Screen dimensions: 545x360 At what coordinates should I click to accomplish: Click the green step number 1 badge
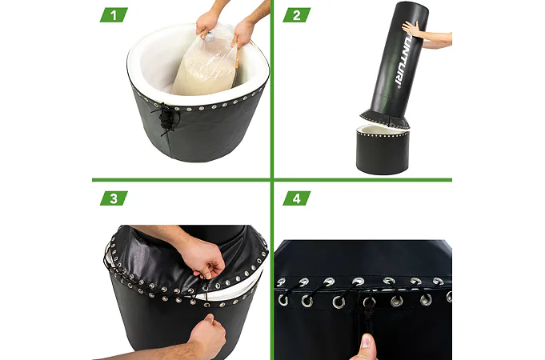click(114, 15)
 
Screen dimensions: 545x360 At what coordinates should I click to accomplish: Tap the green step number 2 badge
click(296, 15)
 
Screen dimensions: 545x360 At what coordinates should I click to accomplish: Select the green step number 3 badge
click(114, 198)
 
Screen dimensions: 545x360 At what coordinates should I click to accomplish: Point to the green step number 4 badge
click(296, 198)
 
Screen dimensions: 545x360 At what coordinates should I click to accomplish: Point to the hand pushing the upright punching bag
click(413, 30)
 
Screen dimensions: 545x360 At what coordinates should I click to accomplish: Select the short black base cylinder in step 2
click(383, 150)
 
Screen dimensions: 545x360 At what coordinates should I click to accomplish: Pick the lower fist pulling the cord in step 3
click(206, 336)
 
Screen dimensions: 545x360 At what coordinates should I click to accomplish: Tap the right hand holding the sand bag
click(243, 32)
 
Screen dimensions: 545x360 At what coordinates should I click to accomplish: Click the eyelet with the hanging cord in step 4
click(369, 302)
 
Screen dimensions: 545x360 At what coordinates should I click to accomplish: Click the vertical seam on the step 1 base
click(170, 146)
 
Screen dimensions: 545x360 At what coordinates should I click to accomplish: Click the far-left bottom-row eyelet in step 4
click(283, 300)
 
